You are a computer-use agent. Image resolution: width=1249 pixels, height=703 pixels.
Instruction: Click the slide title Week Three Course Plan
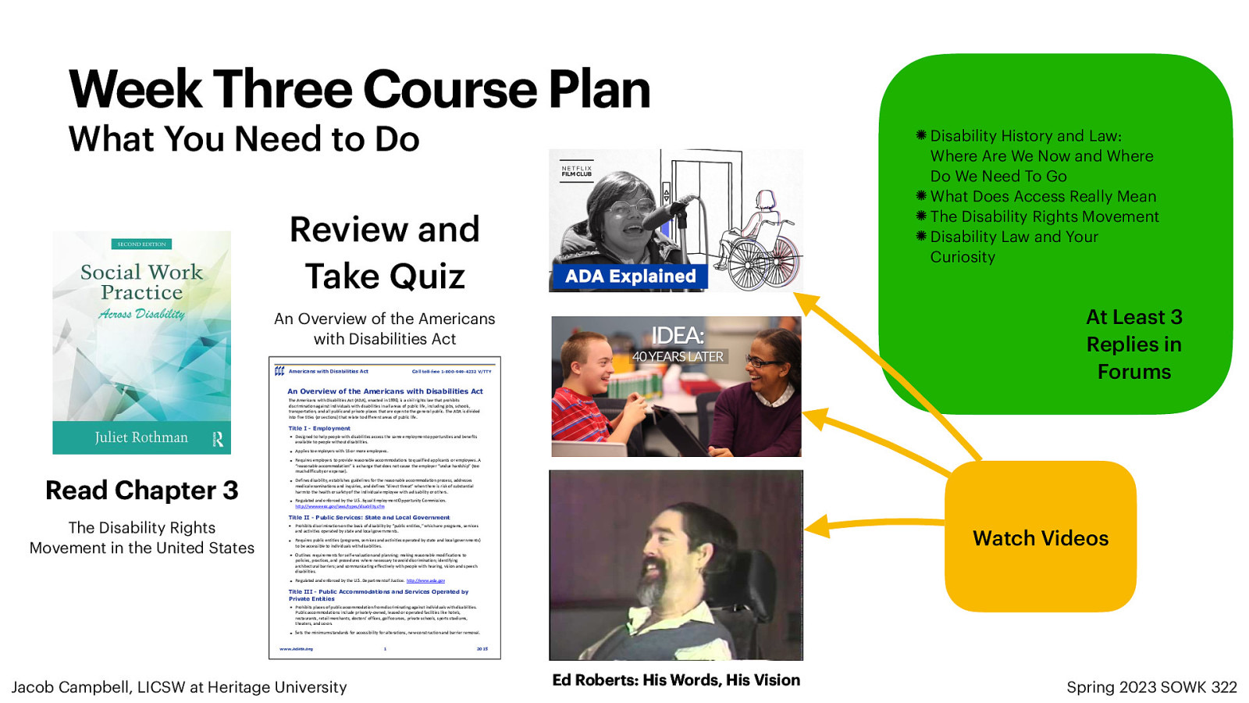359,89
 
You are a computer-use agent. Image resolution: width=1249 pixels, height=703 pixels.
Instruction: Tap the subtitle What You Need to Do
244,140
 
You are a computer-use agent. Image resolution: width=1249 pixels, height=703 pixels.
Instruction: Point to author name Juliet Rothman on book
141,437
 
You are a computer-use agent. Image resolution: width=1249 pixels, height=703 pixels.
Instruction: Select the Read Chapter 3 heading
141,491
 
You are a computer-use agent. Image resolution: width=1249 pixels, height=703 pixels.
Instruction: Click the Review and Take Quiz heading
385,252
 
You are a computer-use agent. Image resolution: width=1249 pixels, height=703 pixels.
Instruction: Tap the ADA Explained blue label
630,277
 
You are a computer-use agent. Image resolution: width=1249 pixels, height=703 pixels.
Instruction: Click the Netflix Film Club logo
577,171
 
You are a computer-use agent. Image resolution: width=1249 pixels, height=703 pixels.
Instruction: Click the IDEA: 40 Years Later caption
678,344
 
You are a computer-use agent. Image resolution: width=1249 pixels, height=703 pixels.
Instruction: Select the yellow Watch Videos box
1040,537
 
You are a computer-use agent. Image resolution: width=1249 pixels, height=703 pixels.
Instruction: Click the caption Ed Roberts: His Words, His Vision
676,680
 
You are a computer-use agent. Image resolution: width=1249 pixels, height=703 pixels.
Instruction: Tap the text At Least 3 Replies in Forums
1133,344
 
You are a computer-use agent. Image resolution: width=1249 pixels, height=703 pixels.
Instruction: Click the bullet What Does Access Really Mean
1043,197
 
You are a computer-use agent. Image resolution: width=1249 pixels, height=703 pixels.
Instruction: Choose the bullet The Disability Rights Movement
1044,217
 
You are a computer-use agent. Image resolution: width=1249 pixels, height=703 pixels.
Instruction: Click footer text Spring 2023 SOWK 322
1151,687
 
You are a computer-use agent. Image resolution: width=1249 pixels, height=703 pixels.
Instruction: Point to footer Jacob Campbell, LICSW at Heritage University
179,687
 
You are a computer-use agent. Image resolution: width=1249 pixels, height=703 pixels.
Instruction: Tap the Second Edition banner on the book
141,244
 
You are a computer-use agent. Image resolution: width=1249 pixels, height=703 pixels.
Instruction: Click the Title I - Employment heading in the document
319,428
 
